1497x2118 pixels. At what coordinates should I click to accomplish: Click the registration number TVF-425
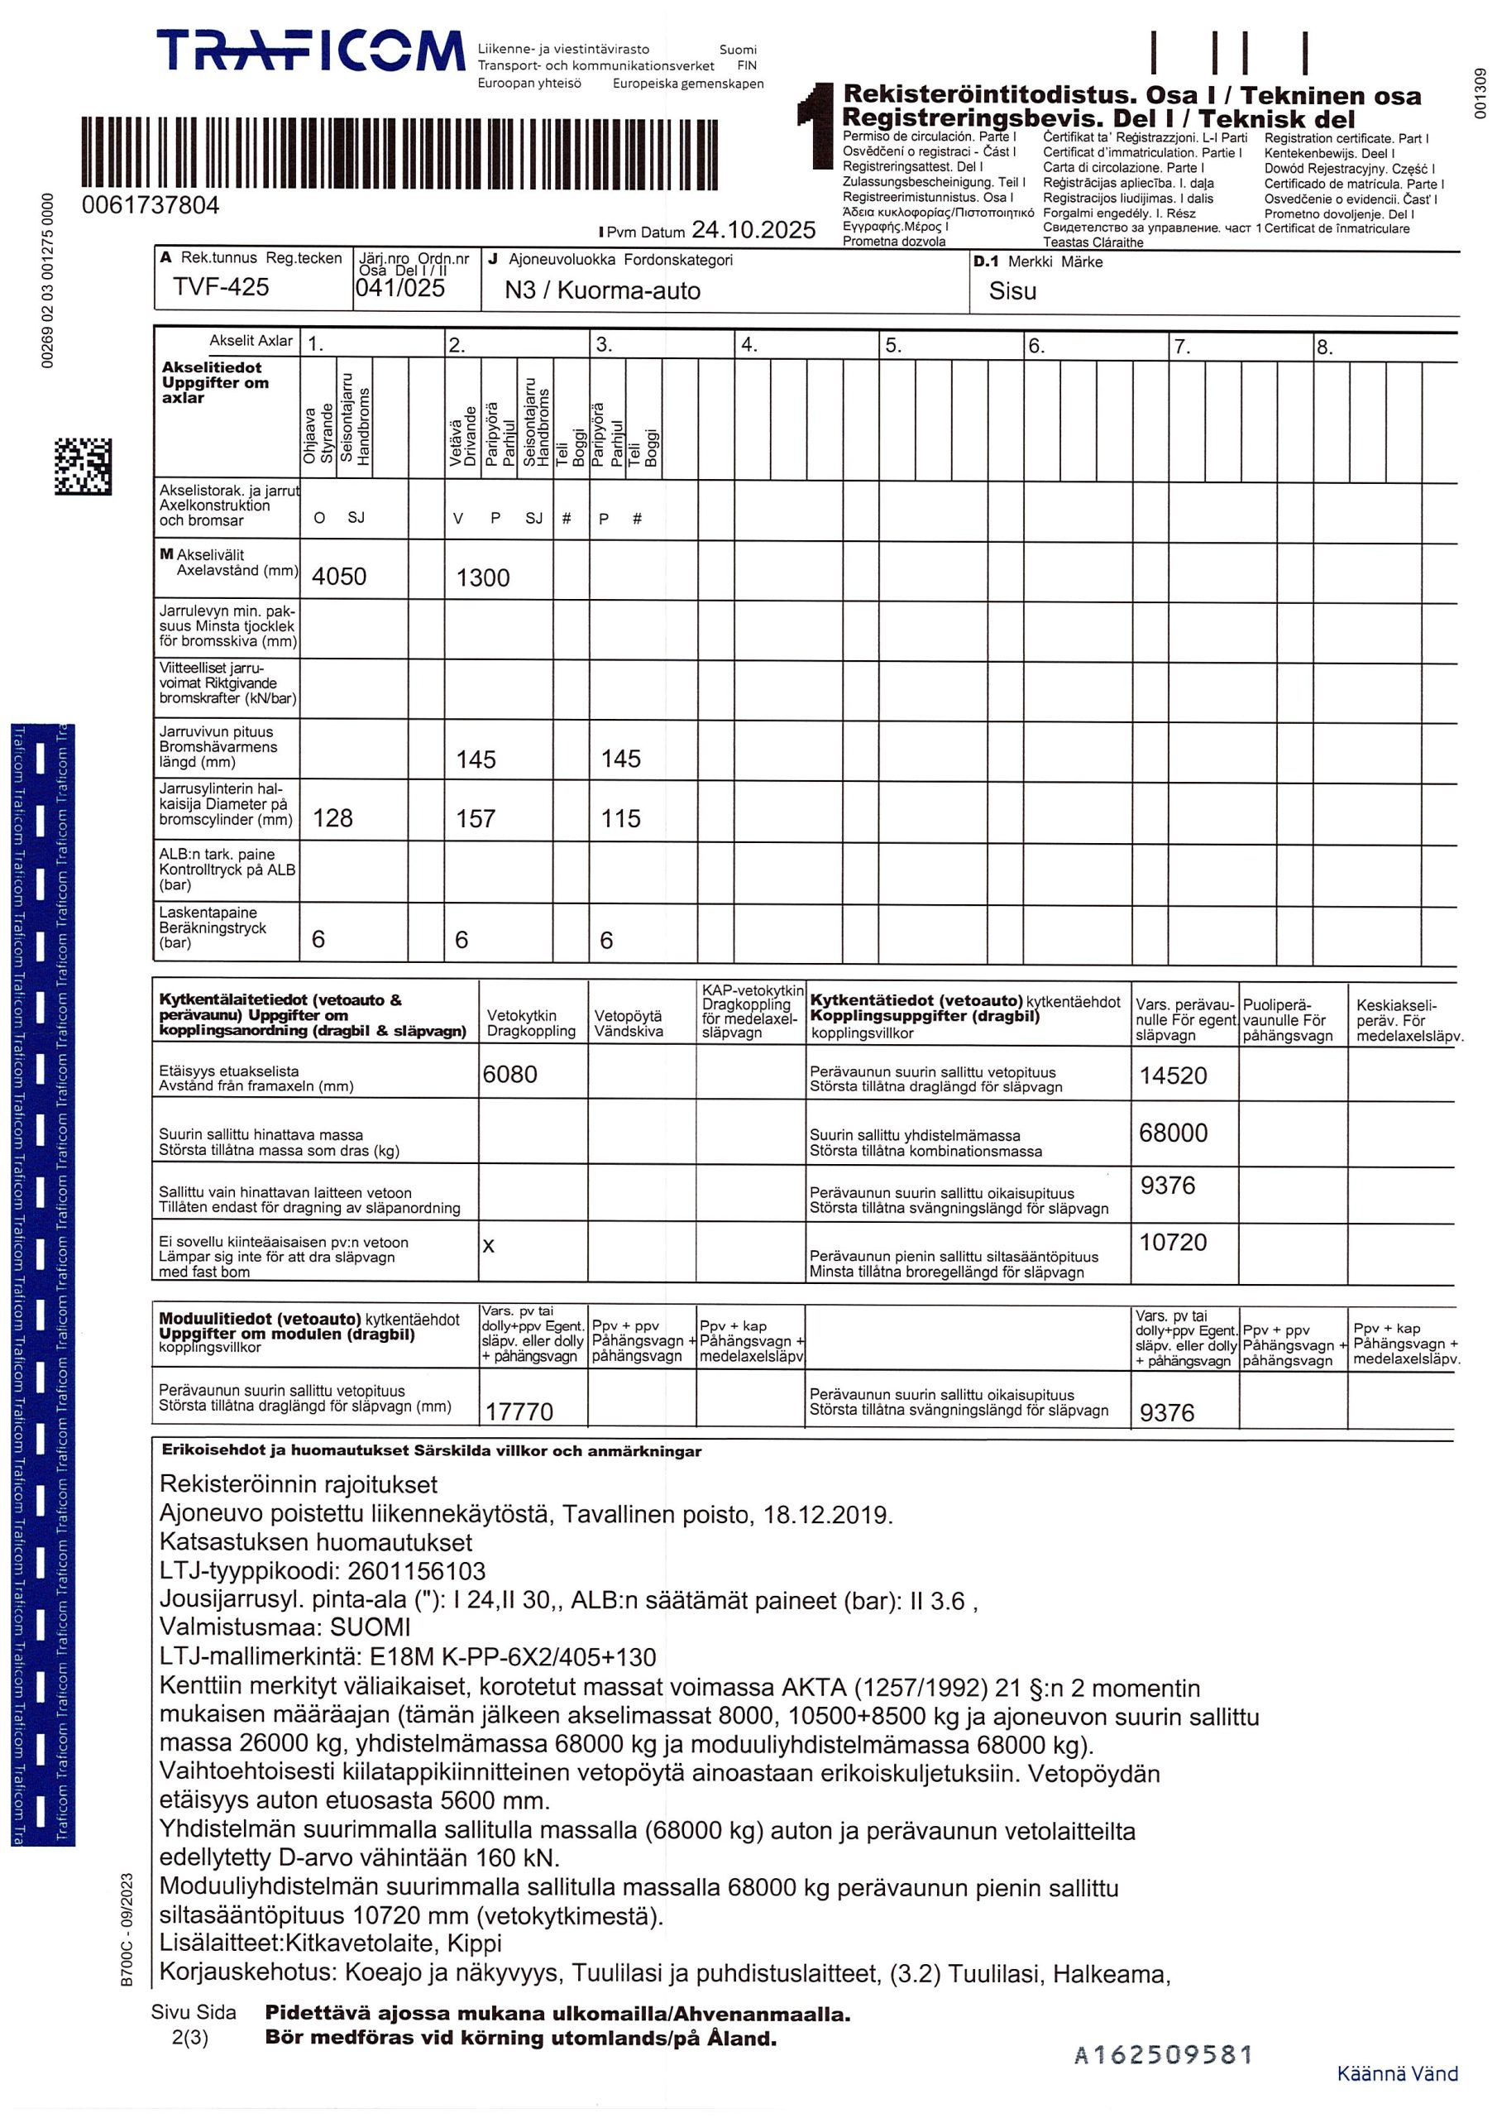pos(221,287)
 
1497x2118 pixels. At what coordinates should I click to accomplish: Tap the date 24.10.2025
pos(753,230)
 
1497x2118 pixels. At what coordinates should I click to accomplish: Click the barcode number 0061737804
pos(151,205)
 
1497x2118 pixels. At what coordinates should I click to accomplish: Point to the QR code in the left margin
pos(82,466)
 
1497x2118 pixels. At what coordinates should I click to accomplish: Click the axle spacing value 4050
pos(338,577)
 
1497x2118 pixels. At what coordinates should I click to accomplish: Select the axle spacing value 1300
pos(482,577)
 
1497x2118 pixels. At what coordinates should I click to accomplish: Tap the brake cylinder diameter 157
pos(475,818)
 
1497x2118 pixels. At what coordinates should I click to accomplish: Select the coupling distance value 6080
pos(509,1074)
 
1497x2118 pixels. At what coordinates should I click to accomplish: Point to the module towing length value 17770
pos(519,1411)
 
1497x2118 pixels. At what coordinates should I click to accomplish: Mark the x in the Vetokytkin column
pos(489,1245)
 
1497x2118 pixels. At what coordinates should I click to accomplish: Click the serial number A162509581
pos(1163,2055)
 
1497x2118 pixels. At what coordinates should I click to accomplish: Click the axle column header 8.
pos(1324,347)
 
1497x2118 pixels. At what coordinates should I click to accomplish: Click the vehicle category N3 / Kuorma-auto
pos(602,290)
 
